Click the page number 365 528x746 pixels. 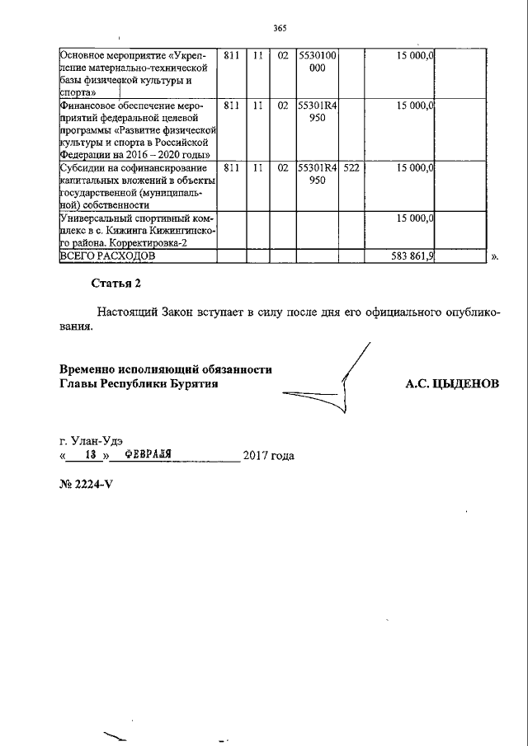(x=279, y=29)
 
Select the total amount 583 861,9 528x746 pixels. (x=412, y=256)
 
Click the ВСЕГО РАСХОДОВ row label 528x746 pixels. (x=107, y=256)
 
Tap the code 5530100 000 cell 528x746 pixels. (x=317, y=63)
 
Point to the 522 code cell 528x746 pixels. (x=351, y=167)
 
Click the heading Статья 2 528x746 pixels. (x=116, y=284)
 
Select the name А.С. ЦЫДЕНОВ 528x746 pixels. (x=452, y=384)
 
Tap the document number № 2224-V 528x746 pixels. (x=85, y=483)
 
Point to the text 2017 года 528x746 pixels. (x=268, y=456)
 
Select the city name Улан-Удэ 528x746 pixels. (x=96, y=440)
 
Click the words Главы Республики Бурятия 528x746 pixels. (x=139, y=384)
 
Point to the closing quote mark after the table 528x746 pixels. (x=495, y=257)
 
